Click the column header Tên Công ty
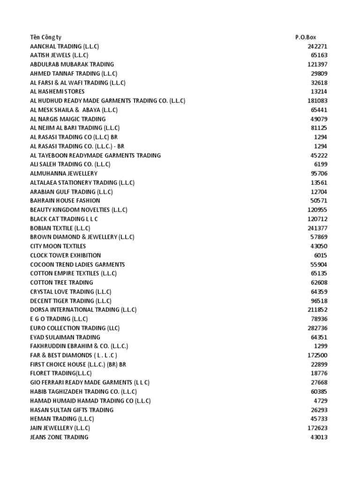click(x=45, y=37)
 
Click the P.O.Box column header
click(x=306, y=37)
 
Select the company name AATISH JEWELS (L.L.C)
click(x=59, y=55)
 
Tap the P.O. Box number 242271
click(x=317, y=46)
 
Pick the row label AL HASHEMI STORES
click(x=57, y=92)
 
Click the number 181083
click(x=317, y=101)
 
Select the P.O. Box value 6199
click(x=321, y=165)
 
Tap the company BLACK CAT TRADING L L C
click(x=64, y=219)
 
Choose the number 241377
click(x=317, y=228)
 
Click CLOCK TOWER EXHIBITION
click(x=65, y=255)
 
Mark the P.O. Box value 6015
click(x=321, y=255)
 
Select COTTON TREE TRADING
click(x=61, y=283)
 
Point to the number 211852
click(x=317, y=310)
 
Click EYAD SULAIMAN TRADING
click(x=65, y=337)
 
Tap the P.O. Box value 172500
click(x=317, y=355)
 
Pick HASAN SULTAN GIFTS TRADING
click(x=72, y=410)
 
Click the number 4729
click(x=321, y=401)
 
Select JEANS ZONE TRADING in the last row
click(x=59, y=437)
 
